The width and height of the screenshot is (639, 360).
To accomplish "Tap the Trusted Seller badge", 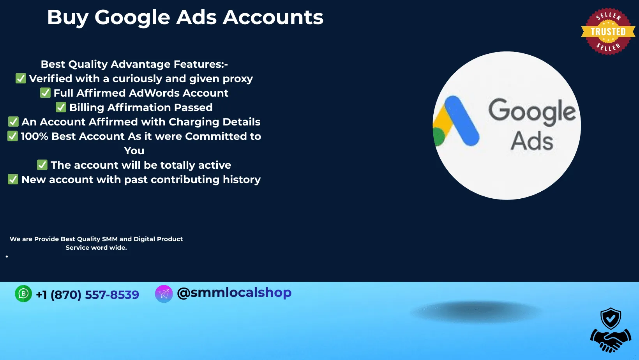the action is [x=608, y=32].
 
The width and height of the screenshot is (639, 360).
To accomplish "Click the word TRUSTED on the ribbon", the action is [x=608, y=32].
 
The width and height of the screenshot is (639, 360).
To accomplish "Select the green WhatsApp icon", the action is [x=23, y=293].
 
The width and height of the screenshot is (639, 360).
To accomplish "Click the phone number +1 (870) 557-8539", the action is [x=87, y=295].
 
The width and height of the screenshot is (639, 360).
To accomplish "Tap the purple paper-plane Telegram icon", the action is [x=164, y=294].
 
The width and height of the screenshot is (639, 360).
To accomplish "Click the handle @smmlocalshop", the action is [x=234, y=293].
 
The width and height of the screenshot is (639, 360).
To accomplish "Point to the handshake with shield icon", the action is [x=611, y=330].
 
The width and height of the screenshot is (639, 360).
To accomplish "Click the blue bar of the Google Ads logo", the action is [x=462, y=121].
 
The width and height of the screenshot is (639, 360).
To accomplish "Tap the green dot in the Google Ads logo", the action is [x=438, y=137].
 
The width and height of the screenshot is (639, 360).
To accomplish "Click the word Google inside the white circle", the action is [x=532, y=112].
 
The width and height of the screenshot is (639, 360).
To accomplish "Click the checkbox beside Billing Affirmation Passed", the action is [x=61, y=107].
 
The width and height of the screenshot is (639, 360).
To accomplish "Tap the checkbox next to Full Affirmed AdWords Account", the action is [x=45, y=93].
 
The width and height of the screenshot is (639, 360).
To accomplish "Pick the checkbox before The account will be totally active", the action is [x=42, y=165].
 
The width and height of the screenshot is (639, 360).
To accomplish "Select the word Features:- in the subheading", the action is [x=201, y=64].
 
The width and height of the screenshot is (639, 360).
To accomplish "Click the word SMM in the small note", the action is [x=110, y=239].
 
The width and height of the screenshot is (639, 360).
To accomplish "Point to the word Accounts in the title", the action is [x=273, y=18].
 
